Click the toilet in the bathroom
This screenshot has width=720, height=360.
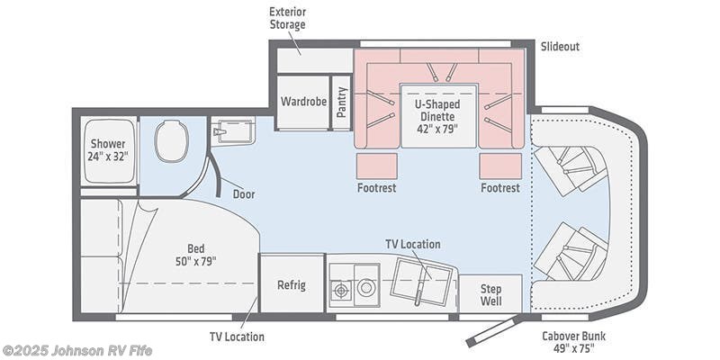pyautogui.click(x=171, y=141)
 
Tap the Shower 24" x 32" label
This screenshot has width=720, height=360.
pyautogui.click(x=109, y=148)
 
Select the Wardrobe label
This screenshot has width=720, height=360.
pyautogui.click(x=301, y=102)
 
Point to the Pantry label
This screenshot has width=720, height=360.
pyautogui.click(x=341, y=102)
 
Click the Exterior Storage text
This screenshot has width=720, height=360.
pyautogui.click(x=287, y=18)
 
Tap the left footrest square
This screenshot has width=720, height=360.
pyautogui.click(x=376, y=166)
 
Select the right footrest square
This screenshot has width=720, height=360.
pyautogui.click(x=499, y=166)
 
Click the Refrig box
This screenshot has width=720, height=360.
pyautogui.click(x=291, y=285)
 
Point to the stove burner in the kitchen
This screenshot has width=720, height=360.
pyautogui.click(x=342, y=290)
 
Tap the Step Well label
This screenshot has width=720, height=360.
pyautogui.click(x=490, y=293)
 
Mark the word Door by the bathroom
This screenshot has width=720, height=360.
pyautogui.click(x=243, y=193)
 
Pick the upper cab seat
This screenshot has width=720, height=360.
pyautogui.click(x=570, y=166)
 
